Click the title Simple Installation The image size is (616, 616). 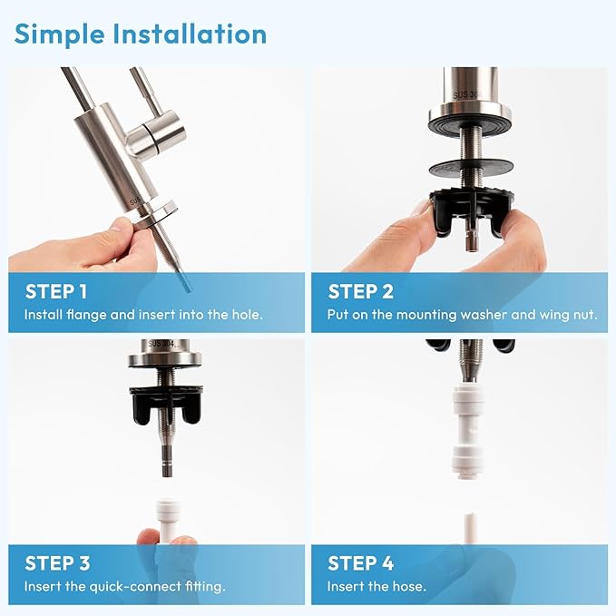[x=141, y=34]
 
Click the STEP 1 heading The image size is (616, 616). [x=56, y=291]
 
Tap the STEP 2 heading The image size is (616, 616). [x=359, y=291]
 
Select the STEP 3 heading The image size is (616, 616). [x=57, y=562]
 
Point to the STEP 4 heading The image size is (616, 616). [x=360, y=562]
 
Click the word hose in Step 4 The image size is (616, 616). [x=406, y=586]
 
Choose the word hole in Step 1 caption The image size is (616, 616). [x=244, y=314]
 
